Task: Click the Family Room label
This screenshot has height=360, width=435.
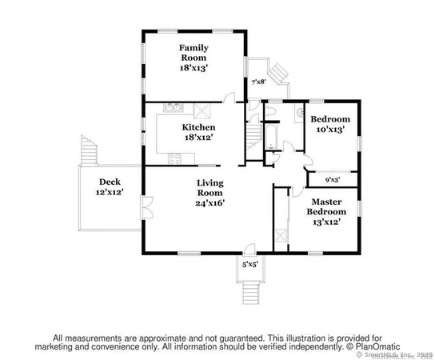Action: [193, 53]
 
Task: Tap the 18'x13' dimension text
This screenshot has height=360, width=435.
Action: [193, 69]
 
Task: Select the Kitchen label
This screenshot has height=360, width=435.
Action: [198, 128]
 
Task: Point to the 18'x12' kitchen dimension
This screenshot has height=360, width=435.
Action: [198, 138]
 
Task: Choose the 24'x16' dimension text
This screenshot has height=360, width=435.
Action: [210, 202]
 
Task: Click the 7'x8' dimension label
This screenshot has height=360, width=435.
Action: [259, 82]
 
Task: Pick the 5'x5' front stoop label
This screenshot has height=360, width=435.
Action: [251, 264]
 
